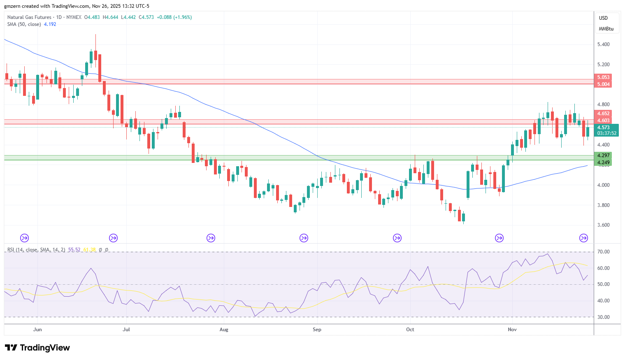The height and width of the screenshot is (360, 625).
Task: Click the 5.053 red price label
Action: pyautogui.click(x=603, y=77)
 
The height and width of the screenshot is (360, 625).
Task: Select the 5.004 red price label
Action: pyautogui.click(x=603, y=84)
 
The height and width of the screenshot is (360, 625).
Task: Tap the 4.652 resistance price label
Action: pyautogui.click(x=603, y=114)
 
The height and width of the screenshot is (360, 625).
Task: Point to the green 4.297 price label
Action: pyautogui.click(x=603, y=156)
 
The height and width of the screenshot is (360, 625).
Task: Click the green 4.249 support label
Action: pyautogui.click(x=603, y=163)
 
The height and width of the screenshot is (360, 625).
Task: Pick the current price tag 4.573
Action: pyautogui.click(x=603, y=128)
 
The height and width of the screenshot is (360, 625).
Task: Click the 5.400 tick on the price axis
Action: pyautogui.click(x=603, y=44)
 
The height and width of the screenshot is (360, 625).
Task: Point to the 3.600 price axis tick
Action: pyautogui.click(x=603, y=225)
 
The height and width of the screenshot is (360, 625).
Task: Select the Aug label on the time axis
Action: pyautogui.click(x=224, y=329)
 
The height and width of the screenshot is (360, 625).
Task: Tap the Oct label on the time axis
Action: pyautogui.click(x=410, y=329)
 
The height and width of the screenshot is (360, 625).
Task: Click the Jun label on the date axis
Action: pyautogui.click(x=37, y=329)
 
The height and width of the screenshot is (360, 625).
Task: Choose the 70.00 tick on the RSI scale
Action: pyautogui.click(x=603, y=252)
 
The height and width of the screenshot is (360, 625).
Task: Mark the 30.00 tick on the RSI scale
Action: pyautogui.click(x=603, y=317)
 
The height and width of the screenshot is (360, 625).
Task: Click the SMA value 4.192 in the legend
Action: pyautogui.click(x=50, y=24)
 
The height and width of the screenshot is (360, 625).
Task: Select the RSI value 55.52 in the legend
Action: pyautogui.click(x=74, y=250)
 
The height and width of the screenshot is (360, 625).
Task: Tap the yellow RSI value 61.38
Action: pyautogui.click(x=89, y=250)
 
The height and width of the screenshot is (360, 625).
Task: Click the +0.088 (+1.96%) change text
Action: pyautogui.click(x=174, y=17)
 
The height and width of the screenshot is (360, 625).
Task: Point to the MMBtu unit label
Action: pyautogui.click(x=606, y=29)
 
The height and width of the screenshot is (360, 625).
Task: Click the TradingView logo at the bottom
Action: pyautogui.click(x=37, y=348)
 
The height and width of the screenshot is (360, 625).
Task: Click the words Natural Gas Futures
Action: pyautogui.click(x=29, y=17)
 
